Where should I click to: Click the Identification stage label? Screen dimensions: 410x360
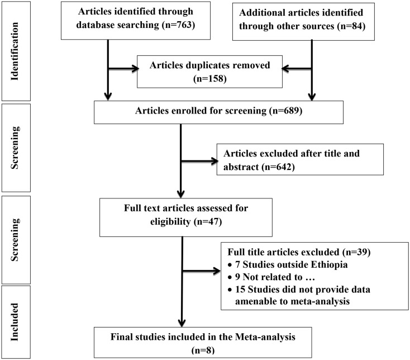15,51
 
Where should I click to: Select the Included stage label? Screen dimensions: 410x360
15,322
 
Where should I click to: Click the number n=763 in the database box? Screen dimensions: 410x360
178,25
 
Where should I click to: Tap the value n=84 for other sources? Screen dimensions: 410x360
351,26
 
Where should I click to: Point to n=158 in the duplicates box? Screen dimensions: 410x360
209,78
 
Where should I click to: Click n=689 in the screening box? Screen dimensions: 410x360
285,111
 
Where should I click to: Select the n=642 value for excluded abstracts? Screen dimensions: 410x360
278,167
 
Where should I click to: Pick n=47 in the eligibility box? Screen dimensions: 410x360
208,222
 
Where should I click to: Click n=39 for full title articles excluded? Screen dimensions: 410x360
356,252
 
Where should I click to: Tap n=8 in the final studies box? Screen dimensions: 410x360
203,350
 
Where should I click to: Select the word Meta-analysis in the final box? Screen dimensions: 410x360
265,337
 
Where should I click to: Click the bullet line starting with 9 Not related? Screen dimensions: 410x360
271,277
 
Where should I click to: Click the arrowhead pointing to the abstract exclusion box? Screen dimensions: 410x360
214,161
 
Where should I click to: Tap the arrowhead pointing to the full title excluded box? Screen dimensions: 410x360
217,271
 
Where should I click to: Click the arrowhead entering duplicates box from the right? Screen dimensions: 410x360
285,69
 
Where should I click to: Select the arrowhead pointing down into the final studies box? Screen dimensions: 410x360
182,323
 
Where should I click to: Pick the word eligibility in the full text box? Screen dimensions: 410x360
170,222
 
